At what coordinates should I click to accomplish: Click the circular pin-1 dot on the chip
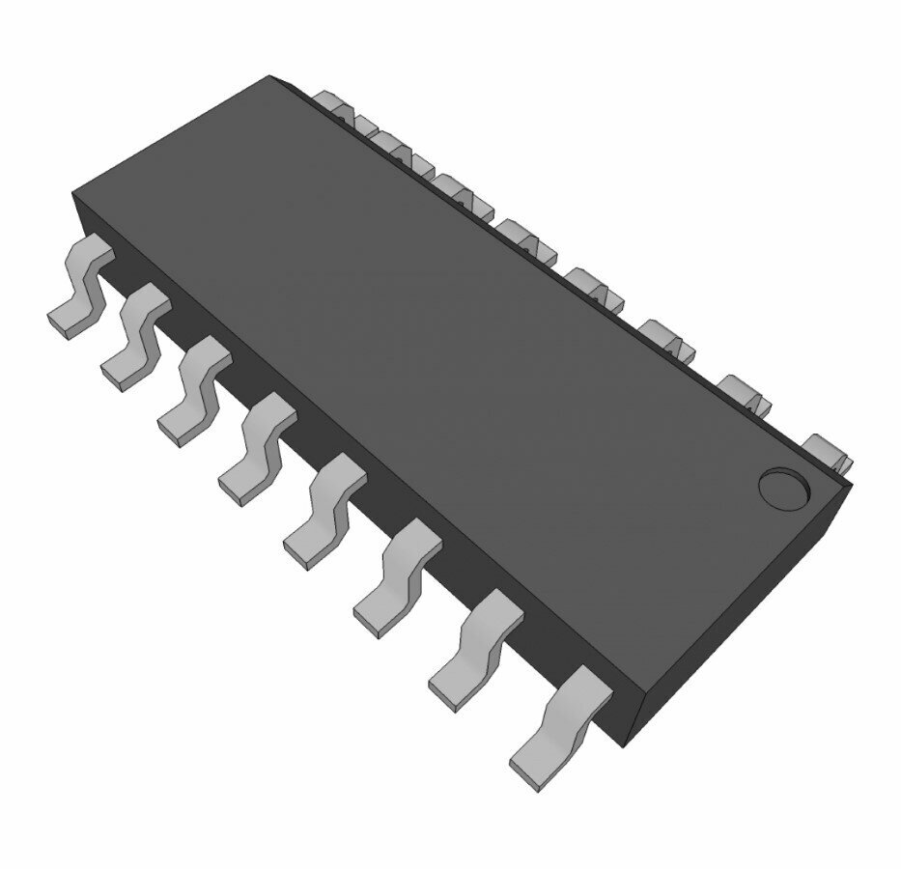(782, 488)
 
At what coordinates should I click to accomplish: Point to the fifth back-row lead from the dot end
(526, 238)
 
